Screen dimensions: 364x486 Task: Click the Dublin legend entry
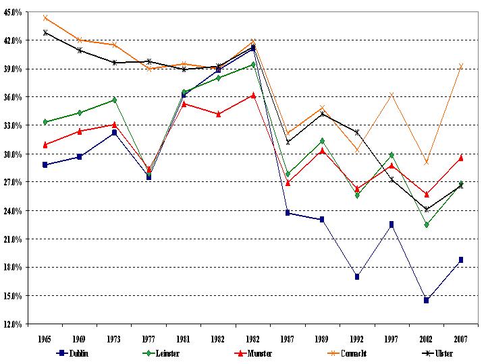tap(74, 353)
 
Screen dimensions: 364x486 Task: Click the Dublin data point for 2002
tap(427, 300)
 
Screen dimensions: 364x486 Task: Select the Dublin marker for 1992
tap(357, 276)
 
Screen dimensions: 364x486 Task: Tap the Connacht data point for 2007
tap(461, 66)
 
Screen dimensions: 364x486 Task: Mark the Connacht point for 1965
tap(45, 18)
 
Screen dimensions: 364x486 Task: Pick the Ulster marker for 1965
tap(45, 32)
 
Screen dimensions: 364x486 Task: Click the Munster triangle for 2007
tap(461, 158)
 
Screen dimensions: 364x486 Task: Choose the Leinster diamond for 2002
tap(427, 224)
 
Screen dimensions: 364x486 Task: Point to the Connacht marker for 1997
tap(391, 94)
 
